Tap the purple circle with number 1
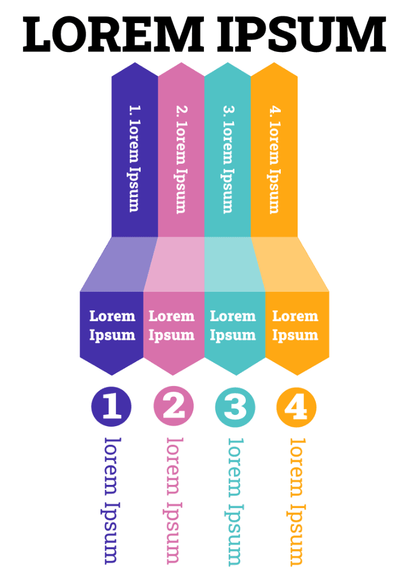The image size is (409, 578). (111, 406)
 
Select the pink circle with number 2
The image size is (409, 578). (173, 406)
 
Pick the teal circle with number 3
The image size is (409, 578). (235, 406)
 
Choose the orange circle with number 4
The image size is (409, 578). (296, 406)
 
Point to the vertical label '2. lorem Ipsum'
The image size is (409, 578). (181, 158)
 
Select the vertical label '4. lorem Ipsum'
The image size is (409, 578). (274, 158)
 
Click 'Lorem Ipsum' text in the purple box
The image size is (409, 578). (112, 326)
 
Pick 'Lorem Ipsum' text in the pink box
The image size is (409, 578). (172, 326)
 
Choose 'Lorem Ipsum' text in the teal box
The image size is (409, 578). (233, 326)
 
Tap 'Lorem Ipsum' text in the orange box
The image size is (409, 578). (295, 326)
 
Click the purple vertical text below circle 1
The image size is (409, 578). (111, 500)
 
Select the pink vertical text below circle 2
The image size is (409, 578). (173, 500)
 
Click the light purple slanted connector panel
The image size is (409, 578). (120, 264)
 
